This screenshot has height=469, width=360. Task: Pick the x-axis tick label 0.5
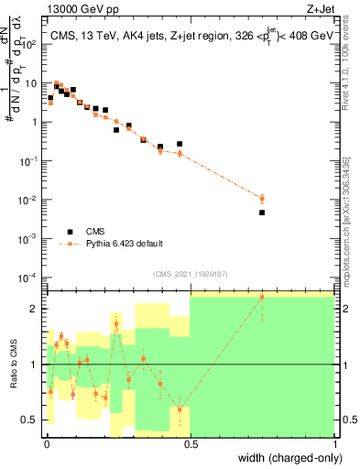(190, 445)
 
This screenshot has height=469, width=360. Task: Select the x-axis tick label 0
(46, 445)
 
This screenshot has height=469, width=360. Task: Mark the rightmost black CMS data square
(262, 213)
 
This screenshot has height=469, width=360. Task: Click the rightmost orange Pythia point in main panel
(262, 198)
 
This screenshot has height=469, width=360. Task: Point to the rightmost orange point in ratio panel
(262, 297)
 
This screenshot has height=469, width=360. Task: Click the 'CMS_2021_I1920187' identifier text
(190, 273)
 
